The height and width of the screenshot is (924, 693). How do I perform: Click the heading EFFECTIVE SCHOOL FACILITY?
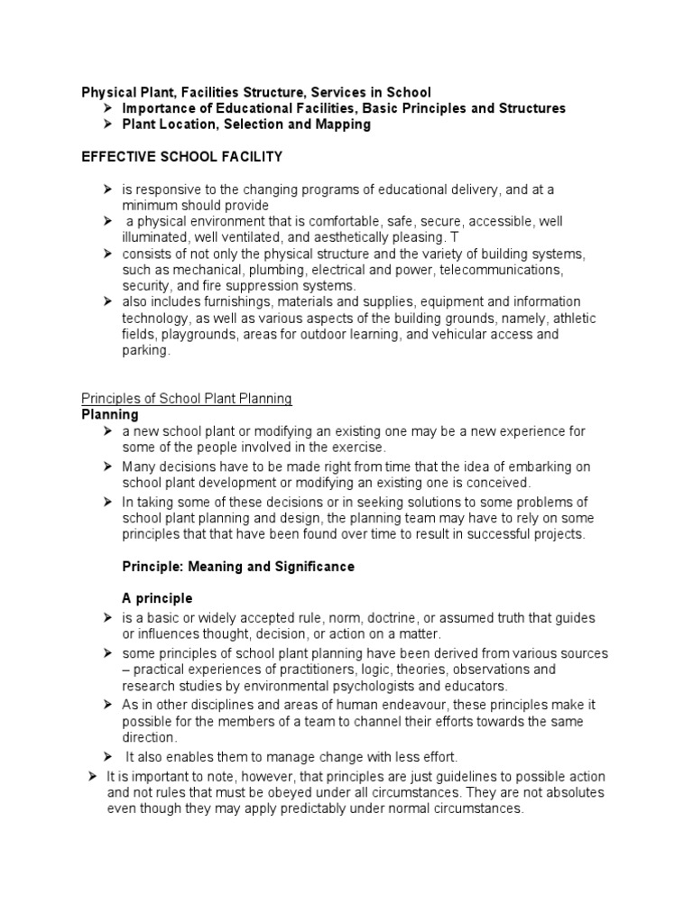coord(182,157)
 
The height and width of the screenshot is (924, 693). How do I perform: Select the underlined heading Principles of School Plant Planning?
coord(187,399)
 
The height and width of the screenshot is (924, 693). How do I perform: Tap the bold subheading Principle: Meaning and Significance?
coord(238,567)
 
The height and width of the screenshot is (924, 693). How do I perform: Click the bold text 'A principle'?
coord(157,599)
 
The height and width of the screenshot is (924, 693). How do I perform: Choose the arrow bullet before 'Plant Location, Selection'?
coord(106,125)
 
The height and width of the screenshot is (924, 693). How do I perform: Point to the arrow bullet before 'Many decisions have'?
coord(106,467)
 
